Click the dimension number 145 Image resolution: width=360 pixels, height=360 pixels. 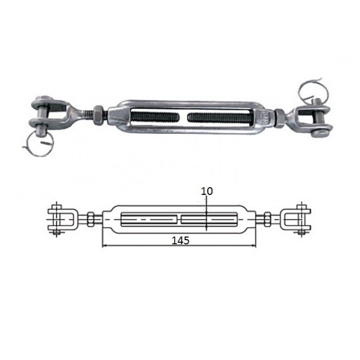[180, 240]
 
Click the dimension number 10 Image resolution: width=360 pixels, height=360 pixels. [207, 191]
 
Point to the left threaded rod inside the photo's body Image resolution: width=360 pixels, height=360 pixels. [155, 117]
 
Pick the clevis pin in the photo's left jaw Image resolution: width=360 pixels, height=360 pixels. [42, 116]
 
